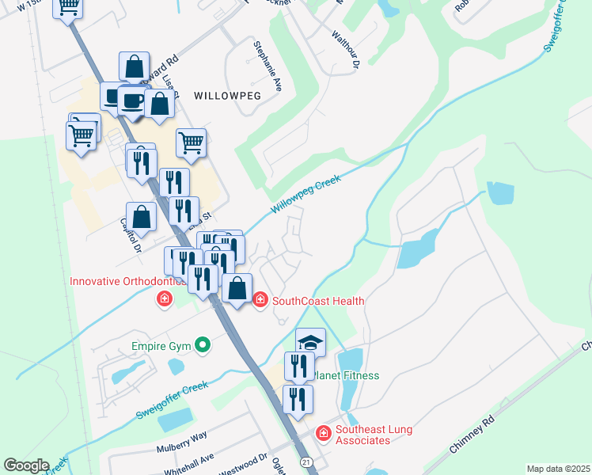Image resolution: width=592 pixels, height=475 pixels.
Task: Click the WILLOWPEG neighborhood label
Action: pyautogui.click(x=228, y=94)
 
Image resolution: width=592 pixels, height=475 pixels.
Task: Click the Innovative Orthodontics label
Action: pyautogui.click(x=127, y=281)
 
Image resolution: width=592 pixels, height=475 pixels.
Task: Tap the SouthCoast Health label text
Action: pyautogui.click(x=318, y=301)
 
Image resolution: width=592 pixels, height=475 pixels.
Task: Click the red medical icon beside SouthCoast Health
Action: pyautogui.click(x=260, y=300)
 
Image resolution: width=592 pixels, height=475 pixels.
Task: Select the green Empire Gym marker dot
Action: pyautogui.click(x=203, y=344)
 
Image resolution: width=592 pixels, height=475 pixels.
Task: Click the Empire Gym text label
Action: pyautogui.click(x=162, y=345)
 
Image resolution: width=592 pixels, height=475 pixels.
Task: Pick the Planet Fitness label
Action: pyautogui.click(x=346, y=375)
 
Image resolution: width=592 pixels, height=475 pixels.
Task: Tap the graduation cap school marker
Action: pyautogui.click(x=310, y=343)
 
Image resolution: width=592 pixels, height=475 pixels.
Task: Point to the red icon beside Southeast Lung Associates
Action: pyautogui.click(x=323, y=433)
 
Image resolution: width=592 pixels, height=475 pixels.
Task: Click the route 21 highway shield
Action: pyautogui.click(x=306, y=462)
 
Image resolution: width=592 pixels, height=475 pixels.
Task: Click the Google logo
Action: pyautogui.click(x=26, y=465)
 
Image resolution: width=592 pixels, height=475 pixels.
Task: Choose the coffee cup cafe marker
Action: pyautogui.click(x=132, y=101)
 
